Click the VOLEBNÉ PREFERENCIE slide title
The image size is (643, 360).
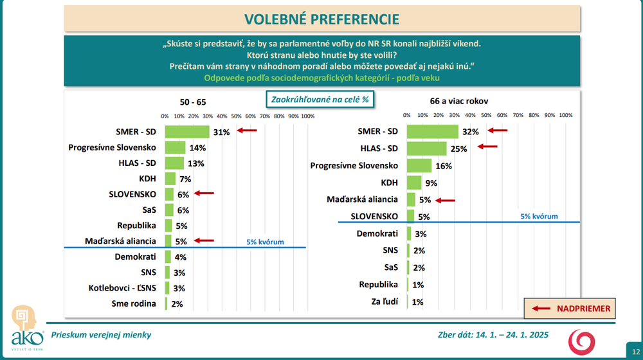point(321,19)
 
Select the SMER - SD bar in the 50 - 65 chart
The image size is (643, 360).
point(187,132)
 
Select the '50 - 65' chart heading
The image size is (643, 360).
point(193,102)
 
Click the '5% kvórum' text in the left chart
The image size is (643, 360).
point(265,242)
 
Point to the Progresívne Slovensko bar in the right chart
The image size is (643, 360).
point(419,165)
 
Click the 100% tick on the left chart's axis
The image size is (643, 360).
point(307,116)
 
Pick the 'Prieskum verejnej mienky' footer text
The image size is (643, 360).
point(101,335)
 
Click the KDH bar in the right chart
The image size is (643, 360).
point(414,183)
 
